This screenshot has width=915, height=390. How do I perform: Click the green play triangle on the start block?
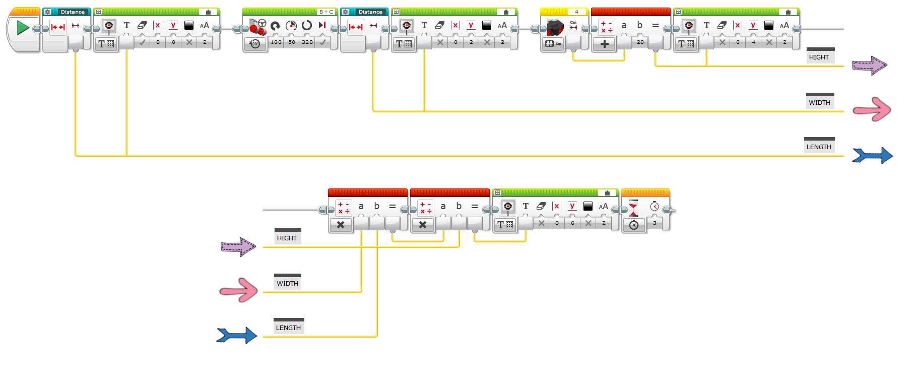point(23,27)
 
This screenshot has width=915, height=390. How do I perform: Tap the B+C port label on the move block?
point(326,12)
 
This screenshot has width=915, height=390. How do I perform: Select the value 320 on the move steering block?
point(307,42)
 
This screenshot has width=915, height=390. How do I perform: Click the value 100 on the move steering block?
point(276,42)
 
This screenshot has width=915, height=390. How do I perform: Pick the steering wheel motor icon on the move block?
point(257,26)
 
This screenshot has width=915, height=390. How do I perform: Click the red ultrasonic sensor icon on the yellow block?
point(555,27)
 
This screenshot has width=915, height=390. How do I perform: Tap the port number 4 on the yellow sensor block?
point(576,12)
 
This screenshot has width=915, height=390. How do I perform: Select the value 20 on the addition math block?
point(640,42)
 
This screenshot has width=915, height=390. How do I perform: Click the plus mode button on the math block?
point(604,44)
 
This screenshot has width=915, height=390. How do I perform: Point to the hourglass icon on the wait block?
point(633,207)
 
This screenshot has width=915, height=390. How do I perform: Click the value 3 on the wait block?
point(655,223)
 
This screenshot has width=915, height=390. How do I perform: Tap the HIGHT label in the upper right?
point(819,57)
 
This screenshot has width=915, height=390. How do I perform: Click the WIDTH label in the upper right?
point(820,102)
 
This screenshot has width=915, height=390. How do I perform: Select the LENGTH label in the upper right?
point(819,147)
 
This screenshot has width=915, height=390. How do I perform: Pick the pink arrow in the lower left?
point(239,290)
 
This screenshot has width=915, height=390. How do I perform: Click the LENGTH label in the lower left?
point(288,328)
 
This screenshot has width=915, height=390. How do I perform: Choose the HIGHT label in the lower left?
point(287,238)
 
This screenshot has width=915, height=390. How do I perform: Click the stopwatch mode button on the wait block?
point(634,225)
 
